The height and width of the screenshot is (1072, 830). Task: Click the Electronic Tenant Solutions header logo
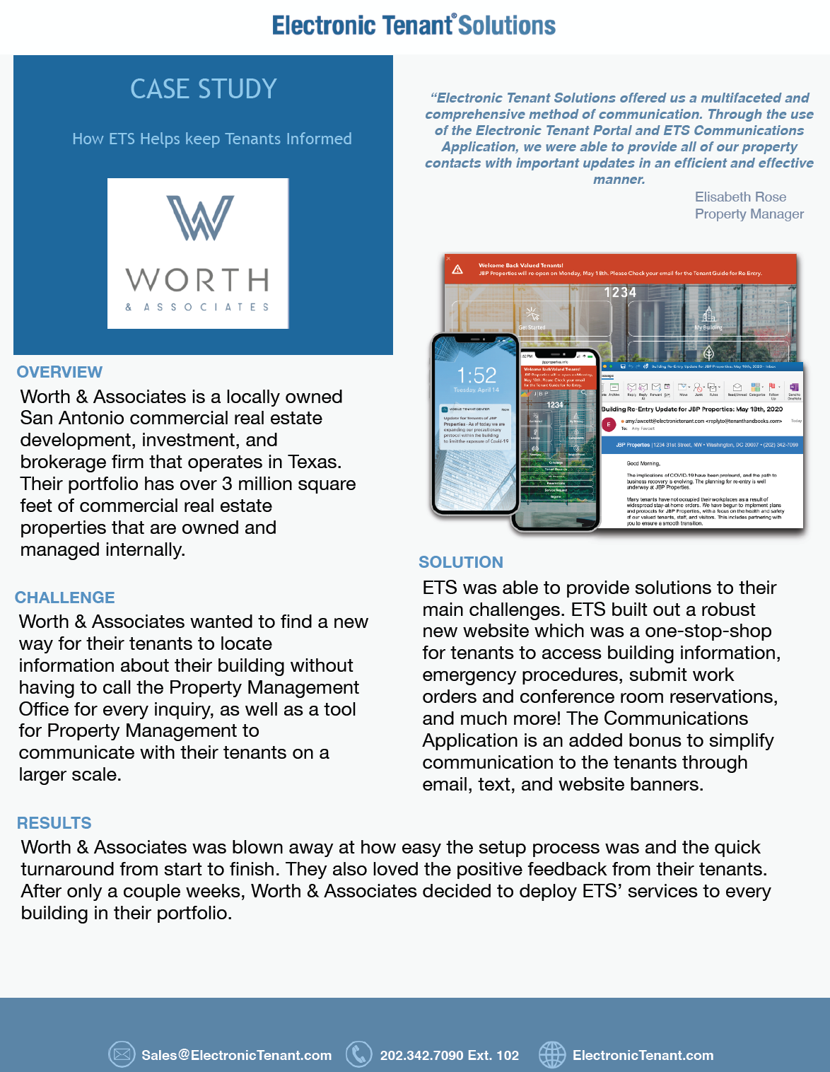coord(414,25)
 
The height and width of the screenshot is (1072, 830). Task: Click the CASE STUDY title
coord(204,89)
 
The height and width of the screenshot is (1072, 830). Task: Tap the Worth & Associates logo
coord(198,253)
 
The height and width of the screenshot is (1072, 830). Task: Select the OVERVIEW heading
coord(59,372)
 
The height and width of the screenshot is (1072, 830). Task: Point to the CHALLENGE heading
coord(65,598)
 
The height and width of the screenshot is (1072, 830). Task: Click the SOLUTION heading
coord(461,562)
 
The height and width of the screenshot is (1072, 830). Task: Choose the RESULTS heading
coord(54,823)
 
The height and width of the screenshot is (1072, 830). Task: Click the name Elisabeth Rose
coord(740,197)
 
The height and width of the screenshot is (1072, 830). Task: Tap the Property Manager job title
coord(749,214)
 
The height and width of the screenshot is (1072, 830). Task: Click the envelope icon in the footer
coord(122,1054)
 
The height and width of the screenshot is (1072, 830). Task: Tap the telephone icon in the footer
coord(358,1054)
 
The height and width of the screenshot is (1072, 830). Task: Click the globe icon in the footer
coord(552,1054)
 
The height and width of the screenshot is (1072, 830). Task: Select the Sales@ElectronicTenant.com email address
coord(236,1055)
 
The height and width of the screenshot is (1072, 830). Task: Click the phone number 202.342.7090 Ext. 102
coord(449,1055)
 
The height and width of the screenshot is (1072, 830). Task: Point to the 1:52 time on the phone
coord(477,375)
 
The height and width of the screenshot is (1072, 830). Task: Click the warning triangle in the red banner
coord(457,269)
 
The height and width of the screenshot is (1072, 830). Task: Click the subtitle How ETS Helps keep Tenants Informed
coord(212,139)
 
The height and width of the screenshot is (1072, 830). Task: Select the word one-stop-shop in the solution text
coord(708,631)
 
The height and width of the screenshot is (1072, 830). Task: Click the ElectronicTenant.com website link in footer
coord(643,1055)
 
